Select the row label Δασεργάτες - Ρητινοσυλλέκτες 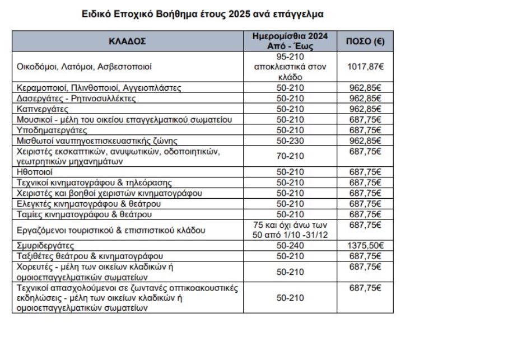77,98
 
